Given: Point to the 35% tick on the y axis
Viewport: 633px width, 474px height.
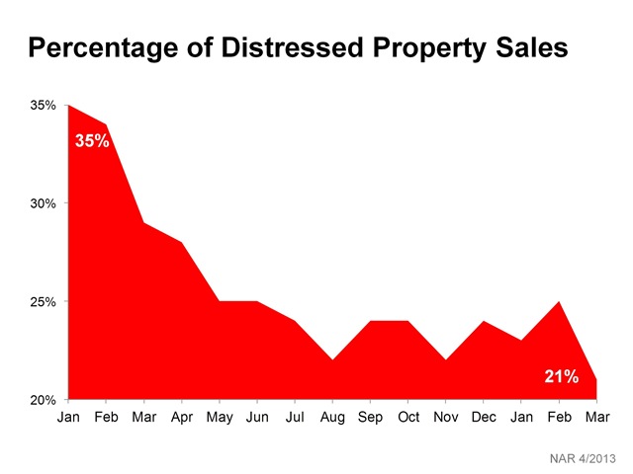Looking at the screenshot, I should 43,105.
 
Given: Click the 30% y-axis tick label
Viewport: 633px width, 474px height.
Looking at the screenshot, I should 43,203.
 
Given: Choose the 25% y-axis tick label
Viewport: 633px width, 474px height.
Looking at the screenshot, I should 43,301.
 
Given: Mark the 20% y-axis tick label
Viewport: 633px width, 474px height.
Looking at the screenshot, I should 43,400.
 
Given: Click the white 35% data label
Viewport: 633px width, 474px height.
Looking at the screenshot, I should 92,141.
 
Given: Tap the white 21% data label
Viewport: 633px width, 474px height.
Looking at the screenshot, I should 561,376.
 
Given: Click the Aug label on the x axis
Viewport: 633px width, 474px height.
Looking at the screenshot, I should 333,418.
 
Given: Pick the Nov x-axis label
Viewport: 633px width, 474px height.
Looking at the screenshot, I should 447,418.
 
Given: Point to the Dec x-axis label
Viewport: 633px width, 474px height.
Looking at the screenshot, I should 485,418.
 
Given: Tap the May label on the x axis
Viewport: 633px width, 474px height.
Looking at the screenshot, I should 220,418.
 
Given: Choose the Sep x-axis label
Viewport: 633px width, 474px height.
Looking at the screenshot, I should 371,418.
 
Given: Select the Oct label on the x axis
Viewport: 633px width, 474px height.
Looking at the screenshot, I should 408,418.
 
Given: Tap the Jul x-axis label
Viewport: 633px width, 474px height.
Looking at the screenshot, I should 295,418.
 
